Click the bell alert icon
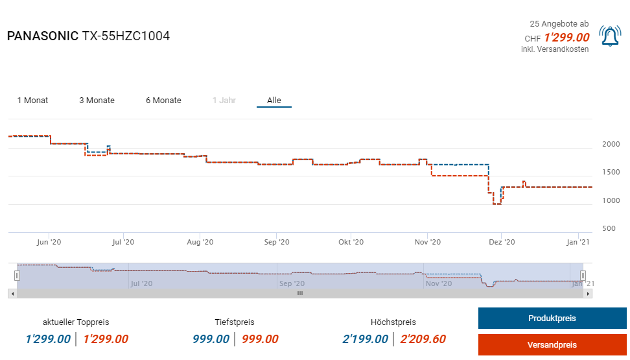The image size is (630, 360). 610,36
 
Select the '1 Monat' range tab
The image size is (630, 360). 32,101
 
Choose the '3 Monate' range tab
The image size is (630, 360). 97,101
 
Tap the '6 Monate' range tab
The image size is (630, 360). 163,101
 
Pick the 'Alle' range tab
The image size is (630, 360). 274,101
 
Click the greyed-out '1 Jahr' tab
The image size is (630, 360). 224,101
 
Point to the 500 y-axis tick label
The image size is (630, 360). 608,228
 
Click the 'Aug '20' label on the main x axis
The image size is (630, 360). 200,242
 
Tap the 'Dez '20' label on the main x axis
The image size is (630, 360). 502,242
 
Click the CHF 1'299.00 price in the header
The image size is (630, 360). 566,38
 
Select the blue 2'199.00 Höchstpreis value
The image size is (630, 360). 365,339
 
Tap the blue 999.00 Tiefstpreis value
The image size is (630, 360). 211,339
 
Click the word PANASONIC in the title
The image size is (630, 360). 42,36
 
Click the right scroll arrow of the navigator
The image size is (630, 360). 588,294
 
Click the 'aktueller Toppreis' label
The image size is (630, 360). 76,322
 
